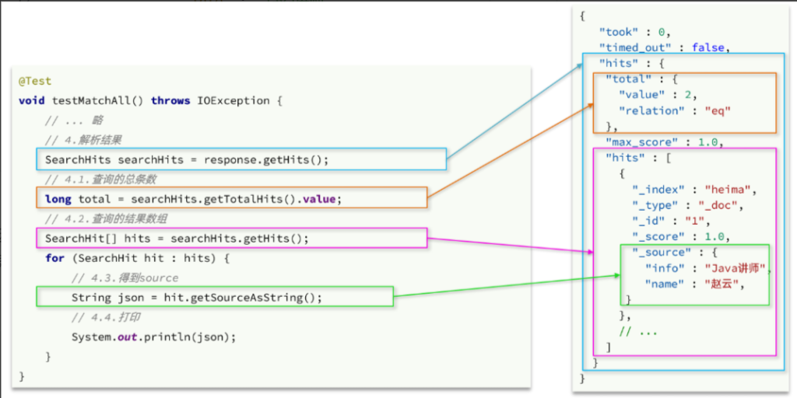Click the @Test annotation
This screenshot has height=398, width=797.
(35, 81)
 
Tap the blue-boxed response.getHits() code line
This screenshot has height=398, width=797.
(187, 159)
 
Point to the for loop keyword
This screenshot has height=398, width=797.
(54, 258)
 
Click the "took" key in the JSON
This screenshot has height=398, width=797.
(617, 31)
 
